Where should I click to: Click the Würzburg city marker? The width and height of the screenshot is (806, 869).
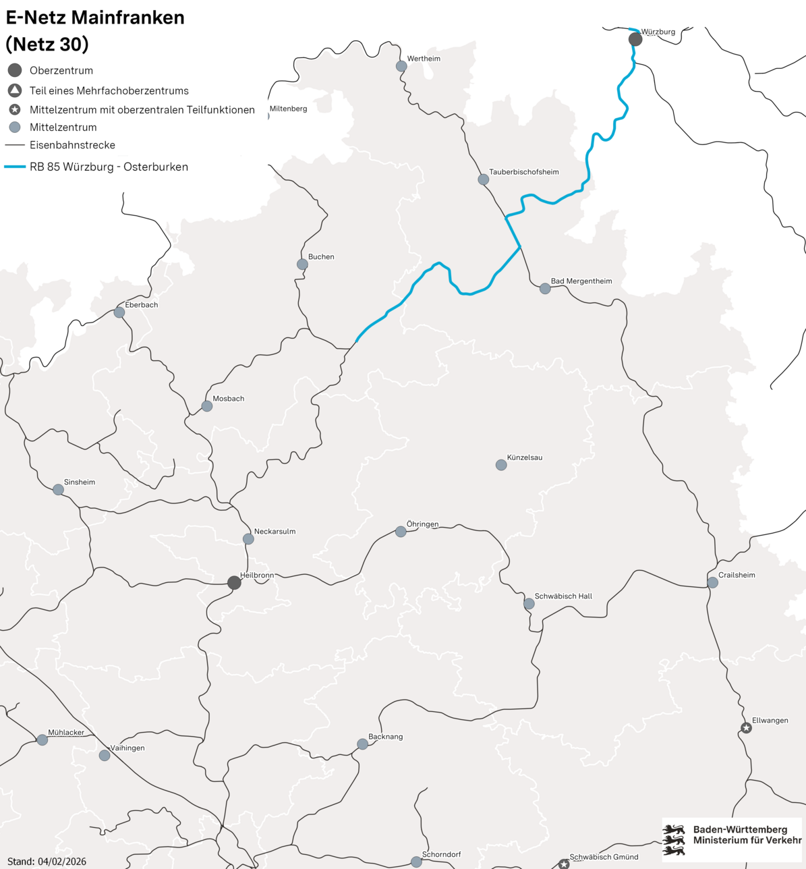tap(635, 40)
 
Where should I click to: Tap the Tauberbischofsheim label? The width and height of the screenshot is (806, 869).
tap(524, 172)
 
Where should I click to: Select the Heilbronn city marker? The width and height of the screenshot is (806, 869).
tap(234, 583)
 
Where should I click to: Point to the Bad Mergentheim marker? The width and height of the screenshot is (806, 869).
tap(545, 289)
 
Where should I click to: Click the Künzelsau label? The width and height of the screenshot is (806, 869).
tap(524, 457)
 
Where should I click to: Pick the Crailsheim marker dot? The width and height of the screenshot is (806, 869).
tap(712, 582)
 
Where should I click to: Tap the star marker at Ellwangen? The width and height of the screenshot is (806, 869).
tap(746, 728)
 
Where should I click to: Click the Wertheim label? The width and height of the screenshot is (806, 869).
tap(424, 59)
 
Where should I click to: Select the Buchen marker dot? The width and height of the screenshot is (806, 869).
tap(302, 264)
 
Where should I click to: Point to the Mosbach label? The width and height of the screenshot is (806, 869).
tap(229, 399)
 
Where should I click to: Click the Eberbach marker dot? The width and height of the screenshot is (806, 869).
tap(119, 312)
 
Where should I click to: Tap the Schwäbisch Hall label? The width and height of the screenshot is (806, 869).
tap(563, 596)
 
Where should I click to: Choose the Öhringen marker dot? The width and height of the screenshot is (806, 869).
tap(401, 532)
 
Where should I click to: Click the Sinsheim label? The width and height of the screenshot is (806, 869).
tap(80, 482)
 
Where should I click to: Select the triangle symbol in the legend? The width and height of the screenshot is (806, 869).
tap(15, 90)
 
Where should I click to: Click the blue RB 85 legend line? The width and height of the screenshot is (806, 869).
tap(15, 167)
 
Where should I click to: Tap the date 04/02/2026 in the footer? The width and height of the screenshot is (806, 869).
tap(62, 862)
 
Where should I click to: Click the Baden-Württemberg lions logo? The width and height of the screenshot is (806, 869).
tap(674, 840)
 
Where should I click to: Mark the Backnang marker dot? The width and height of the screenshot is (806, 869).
tap(362, 744)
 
